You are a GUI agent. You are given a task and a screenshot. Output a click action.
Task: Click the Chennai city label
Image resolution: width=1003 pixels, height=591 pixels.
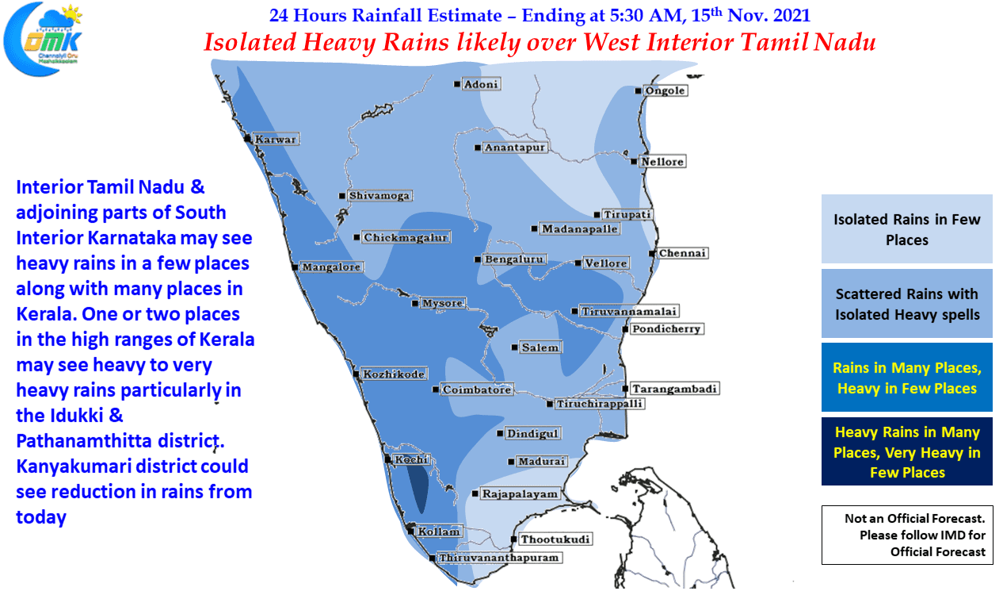click(x=683, y=253)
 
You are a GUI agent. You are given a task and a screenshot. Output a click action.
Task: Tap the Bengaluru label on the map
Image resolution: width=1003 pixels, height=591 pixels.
click(x=514, y=259)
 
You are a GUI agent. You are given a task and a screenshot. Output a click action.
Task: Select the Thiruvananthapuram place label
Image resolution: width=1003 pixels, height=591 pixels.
click(x=499, y=558)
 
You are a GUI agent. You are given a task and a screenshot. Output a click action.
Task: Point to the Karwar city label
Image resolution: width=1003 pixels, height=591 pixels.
click(x=276, y=139)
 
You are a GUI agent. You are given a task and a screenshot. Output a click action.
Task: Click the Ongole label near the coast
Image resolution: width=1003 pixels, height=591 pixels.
click(x=665, y=90)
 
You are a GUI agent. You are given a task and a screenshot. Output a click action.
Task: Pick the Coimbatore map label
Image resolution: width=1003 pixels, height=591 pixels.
click(x=477, y=390)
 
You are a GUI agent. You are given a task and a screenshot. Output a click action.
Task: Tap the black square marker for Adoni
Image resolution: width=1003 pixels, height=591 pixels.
click(x=456, y=84)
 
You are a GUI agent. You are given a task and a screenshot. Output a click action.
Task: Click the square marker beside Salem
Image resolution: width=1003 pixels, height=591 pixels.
click(x=514, y=347)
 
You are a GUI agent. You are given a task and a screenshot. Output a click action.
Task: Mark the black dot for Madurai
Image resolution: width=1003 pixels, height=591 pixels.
click(x=511, y=462)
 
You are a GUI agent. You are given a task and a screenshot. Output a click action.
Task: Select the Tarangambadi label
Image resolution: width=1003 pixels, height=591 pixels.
click(x=674, y=389)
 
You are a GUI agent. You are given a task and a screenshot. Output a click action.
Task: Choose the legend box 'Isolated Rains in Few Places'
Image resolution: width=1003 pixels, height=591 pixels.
click(x=906, y=228)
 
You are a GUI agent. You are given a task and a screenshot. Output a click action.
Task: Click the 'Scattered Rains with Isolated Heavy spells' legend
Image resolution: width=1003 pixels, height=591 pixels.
click(x=906, y=304)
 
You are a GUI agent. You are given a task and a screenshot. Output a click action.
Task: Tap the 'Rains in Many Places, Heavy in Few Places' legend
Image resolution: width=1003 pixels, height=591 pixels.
click(x=906, y=377)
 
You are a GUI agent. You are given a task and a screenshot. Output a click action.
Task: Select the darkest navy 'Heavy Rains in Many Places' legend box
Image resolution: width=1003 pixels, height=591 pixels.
click(x=906, y=451)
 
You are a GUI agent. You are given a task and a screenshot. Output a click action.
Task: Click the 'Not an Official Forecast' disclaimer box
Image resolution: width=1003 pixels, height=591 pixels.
click(x=907, y=535)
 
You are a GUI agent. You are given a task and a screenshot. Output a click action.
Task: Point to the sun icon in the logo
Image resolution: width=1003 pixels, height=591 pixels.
click(x=71, y=14)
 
